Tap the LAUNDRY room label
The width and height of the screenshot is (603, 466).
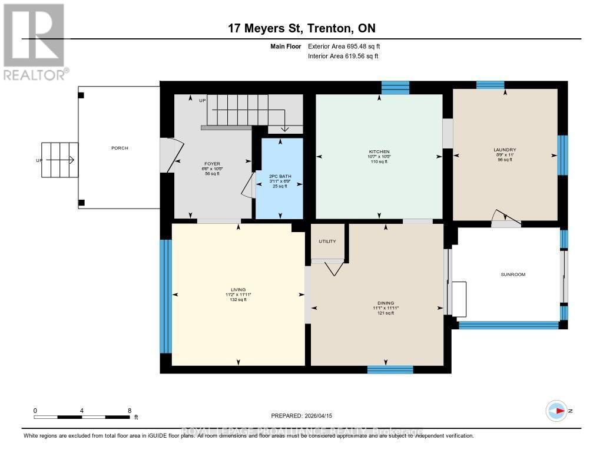pos(505,150)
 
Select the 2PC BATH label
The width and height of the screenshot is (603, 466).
pos(280,176)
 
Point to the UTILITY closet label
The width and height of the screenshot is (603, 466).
pos(327,242)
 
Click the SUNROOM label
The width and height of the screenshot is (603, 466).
pos(512,275)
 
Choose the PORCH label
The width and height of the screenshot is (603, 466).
pos(120,148)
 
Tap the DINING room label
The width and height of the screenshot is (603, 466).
pos(386,303)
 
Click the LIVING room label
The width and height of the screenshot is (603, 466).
pos(238,290)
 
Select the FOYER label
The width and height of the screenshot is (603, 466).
pos(212,164)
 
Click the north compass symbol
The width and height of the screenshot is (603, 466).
pos(556,411)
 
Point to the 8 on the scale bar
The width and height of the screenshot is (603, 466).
pos(129,411)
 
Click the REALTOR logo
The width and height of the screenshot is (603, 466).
pos(34,41)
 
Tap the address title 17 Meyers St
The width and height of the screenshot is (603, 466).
pos(301,29)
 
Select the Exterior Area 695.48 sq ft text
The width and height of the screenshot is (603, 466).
pos(347,46)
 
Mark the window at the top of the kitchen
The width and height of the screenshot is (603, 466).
pos(395,88)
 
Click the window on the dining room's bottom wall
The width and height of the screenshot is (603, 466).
pos(390,369)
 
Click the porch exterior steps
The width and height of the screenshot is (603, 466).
pos(59,160)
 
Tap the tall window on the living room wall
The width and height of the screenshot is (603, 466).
pos(165,296)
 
